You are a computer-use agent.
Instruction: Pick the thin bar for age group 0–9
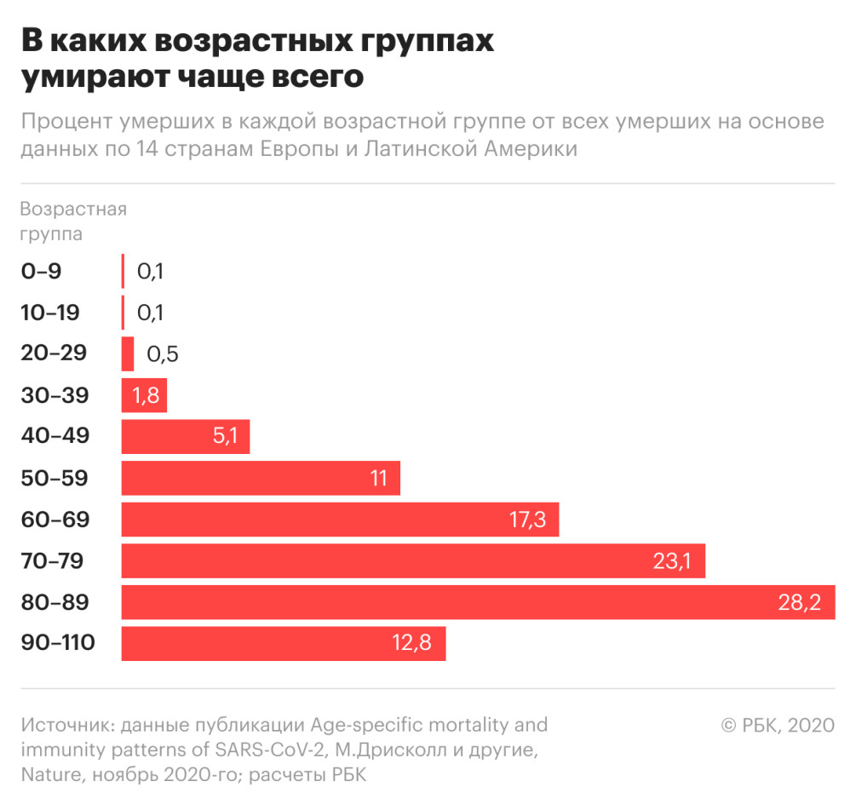click(124, 271)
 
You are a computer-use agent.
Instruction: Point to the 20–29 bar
click(128, 353)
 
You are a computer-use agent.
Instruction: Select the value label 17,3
click(527, 520)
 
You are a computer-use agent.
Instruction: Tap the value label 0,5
click(162, 354)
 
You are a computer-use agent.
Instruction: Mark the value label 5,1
click(226, 437)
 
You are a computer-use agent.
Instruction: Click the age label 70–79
click(58, 561)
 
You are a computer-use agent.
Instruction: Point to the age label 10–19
click(50, 313)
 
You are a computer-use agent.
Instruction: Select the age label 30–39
click(55, 395)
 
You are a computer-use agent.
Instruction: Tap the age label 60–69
click(55, 520)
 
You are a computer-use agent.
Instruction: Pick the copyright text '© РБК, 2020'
click(777, 725)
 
